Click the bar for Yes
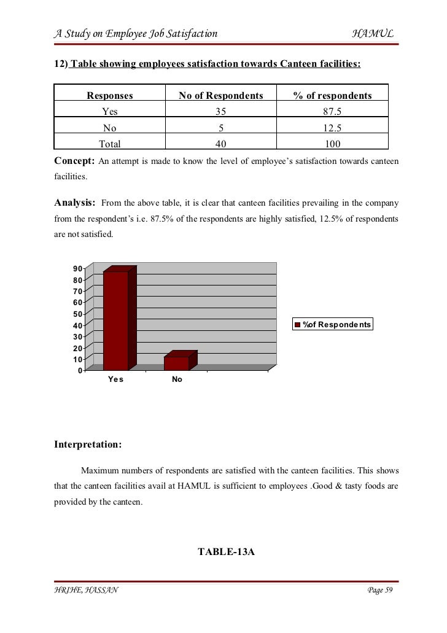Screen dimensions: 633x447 coord(115,319)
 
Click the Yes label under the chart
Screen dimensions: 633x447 coord(115,379)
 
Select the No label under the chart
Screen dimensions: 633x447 coord(177,379)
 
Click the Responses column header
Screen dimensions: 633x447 coord(110,95)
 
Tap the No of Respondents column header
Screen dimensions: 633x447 coord(220,95)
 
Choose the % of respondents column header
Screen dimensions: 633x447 coord(332,95)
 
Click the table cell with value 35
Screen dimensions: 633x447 coord(220,112)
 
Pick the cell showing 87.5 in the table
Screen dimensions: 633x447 coord(332,112)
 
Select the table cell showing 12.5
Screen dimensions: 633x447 coord(332,128)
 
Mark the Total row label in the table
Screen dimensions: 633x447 coord(110,144)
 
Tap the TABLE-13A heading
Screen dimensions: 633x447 coord(226,551)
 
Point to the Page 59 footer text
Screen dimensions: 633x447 coord(379,591)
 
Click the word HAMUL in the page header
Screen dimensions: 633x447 coord(373,33)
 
